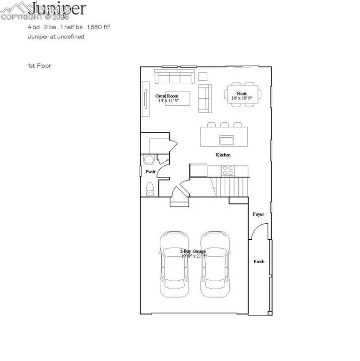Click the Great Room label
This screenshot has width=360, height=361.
[167, 96]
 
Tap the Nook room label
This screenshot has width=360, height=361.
[242, 94]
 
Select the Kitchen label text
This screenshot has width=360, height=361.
[223, 155]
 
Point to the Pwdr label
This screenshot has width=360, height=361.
[150, 172]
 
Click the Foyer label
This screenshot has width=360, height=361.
[258, 214]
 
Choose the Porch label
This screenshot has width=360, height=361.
[259, 261]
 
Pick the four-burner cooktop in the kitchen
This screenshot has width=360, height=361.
[227, 170]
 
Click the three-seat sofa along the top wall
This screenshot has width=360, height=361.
[175, 76]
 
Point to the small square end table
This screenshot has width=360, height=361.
[203, 76]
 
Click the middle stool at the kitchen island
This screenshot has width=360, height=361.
[225, 125]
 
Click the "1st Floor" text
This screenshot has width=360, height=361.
[39, 66]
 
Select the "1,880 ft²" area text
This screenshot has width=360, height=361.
[96, 27]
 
